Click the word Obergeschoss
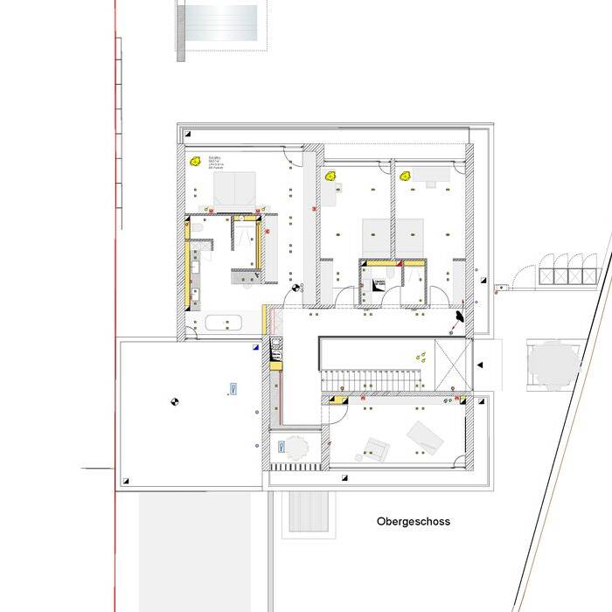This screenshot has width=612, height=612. [414, 522]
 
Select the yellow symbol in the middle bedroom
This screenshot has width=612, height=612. [331, 176]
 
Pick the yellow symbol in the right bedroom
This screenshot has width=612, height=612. [406, 175]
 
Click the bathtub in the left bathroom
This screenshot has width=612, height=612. [224, 323]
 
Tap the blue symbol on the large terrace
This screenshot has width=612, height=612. [233, 388]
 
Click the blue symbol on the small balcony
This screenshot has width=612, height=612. [281, 447]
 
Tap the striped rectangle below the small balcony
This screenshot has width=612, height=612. [308, 511]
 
